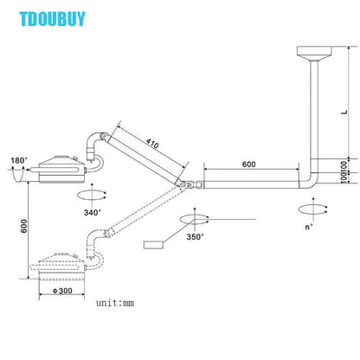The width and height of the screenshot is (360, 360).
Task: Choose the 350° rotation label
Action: pyautogui.click(x=195, y=237)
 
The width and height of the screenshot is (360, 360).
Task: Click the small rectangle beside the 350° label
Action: pyautogui.click(x=155, y=244)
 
